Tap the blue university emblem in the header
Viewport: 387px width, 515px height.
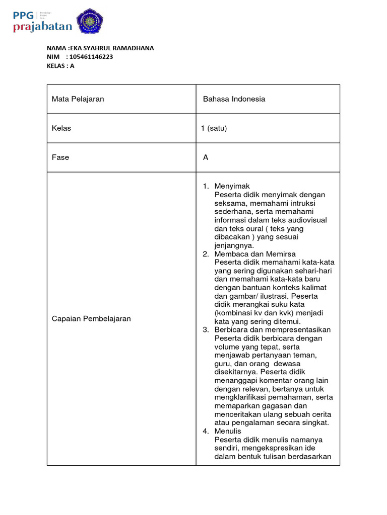(89, 21)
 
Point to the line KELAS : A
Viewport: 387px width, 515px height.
(60, 65)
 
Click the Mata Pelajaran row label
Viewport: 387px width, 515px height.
(78, 99)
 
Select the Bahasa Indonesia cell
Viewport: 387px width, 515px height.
(234, 99)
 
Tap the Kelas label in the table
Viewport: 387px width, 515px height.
(61, 128)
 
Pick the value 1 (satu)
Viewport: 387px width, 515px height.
(214, 128)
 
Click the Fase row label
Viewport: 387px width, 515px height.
(60, 157)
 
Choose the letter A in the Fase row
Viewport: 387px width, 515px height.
(206, 157)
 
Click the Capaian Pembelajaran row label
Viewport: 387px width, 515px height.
(91, 319)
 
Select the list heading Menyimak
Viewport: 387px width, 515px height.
(232, 186)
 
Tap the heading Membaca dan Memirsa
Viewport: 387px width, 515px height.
(255, 254)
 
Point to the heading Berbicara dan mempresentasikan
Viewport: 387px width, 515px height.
(272, 330)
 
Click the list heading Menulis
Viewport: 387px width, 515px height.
(228, 431)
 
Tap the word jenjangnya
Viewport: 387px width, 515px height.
(234, 245)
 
